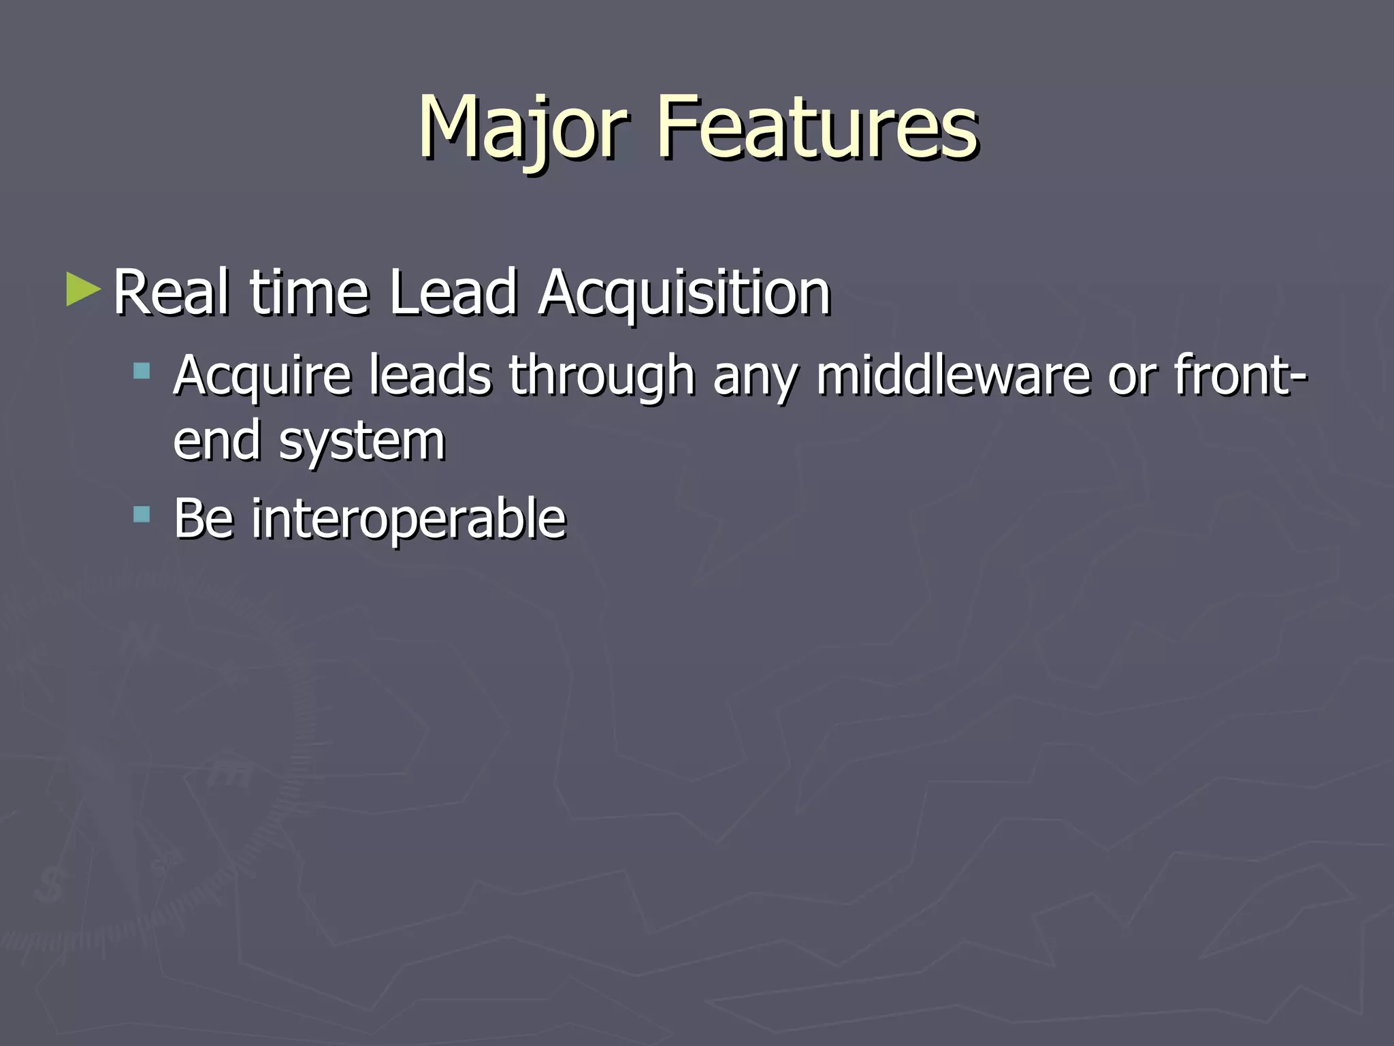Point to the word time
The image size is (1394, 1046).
(x=310, y=292)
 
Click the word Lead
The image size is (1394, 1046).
(x=453, y=292)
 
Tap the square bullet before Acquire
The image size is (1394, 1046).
(x=142, y=370)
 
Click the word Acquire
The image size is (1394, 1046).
(x=262, y=376)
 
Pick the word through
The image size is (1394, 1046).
(x=602, y=376)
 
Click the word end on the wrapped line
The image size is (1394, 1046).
(x=217, y=441)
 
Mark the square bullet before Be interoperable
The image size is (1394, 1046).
(x=142, y=513)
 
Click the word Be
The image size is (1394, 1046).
(x=204, y=518)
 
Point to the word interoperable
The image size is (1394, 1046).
(x=408, y=520)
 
